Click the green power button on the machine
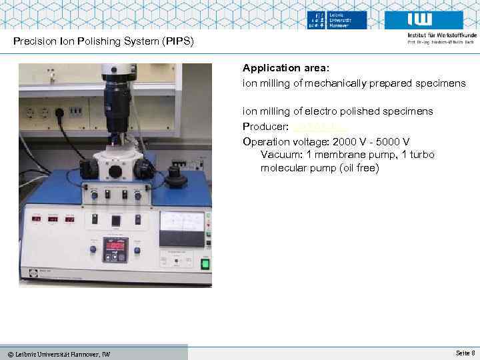(205, 263)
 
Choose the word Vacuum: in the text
(282, 155)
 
